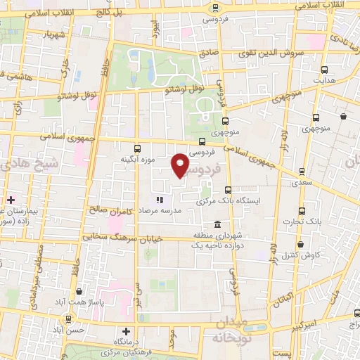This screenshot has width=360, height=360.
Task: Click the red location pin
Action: (x=181, y=165)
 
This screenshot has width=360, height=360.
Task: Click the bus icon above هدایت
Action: (x=324, y=70)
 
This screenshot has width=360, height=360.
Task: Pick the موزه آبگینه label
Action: (x=136, y=160)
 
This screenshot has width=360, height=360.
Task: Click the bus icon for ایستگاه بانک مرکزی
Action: (x=229, y=190)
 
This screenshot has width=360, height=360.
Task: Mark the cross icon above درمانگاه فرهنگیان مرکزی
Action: (x=126, y=330)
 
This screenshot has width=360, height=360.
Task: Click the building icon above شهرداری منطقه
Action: (x=219, y=224)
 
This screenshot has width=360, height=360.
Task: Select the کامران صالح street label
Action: (x=109, y=209)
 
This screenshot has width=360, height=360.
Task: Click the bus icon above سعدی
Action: (x=301, y=171)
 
